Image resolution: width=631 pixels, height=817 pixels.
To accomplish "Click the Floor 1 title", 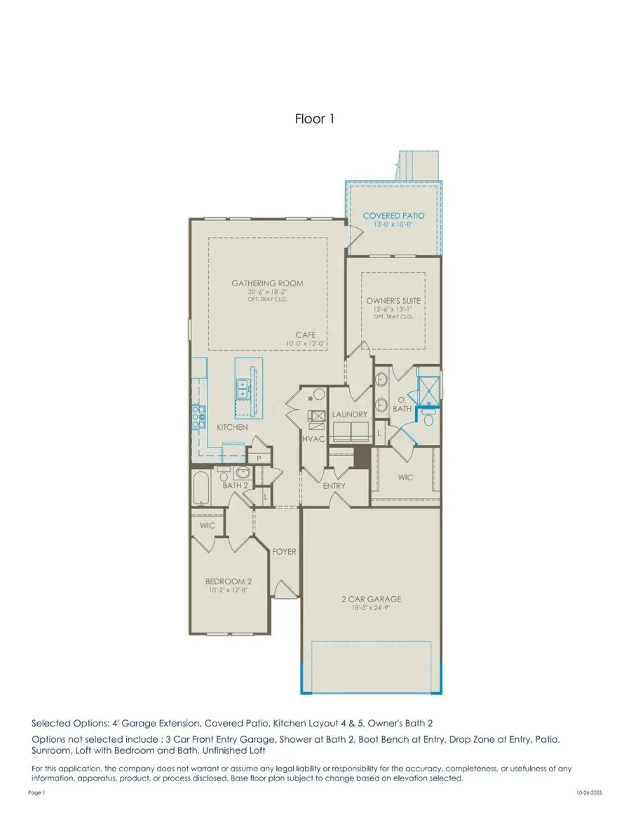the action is tap(314, 119).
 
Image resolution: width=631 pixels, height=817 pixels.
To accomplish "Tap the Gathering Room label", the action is tap(267, 283).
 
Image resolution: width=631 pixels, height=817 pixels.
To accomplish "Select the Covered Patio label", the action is tap(393, 216).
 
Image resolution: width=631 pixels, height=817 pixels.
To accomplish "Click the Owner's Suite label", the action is tap(393, 301).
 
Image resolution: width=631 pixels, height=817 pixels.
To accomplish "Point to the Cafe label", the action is tap(306, 335).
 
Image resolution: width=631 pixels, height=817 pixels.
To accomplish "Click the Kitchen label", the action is tap(232, 427).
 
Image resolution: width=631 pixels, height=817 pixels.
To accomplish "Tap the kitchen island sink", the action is tap(243, 389).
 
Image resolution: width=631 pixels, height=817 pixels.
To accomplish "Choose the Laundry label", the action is tap(350, 414).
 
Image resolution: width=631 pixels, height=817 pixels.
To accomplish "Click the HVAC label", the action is tap(313, 439).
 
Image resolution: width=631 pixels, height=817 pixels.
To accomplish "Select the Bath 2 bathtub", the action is tap(201, 487).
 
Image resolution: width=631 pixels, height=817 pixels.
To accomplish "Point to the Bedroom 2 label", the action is tap(229, 581).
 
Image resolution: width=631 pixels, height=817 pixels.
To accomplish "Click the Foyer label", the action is tap(284, 552).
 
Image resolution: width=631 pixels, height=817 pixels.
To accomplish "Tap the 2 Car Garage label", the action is tap(372, 599).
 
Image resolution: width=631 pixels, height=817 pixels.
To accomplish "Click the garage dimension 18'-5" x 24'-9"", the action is tap(372, 607).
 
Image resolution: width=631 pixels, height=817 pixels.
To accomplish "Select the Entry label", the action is tap(334, 485).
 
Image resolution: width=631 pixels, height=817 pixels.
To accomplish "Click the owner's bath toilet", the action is tap(428, 417).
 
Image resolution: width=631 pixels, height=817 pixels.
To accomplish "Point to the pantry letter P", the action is tap(259, 459).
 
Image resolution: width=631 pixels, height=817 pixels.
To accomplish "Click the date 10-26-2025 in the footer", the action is tap(589, 792).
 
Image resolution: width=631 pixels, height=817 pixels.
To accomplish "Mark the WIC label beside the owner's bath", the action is tap(405, 478).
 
